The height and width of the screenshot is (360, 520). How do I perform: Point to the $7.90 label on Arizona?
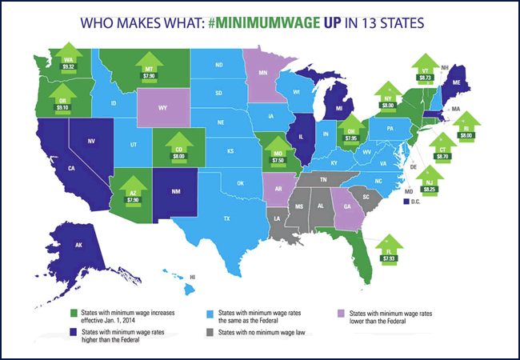pyautogui.click(x=133, y=199)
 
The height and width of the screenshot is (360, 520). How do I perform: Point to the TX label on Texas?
pyautogui.click(x=226, y=218)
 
